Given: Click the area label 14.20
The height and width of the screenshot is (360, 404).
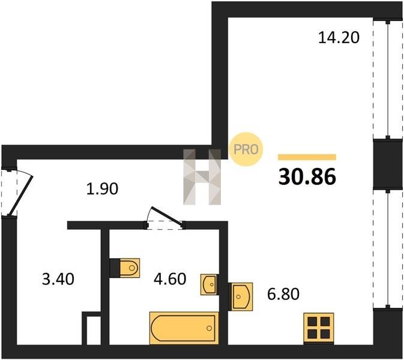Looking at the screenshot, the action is (339, 37).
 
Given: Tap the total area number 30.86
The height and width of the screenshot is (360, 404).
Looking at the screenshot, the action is (307, 177).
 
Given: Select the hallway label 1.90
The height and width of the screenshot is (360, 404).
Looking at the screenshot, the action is (102, 188).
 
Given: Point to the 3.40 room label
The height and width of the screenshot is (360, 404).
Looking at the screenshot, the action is (58, 279).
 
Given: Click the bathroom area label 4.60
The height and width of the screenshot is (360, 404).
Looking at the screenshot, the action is (170, 279).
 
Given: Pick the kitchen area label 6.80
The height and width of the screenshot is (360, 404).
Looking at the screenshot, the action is (283, 294).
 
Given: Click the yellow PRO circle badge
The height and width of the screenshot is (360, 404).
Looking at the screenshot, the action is (246, 149).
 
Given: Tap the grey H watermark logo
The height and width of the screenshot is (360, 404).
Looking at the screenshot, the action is (202, 177).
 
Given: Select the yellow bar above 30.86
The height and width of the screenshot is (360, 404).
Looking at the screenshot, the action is (307, 157).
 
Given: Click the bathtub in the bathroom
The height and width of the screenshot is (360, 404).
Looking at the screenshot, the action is (184, 328).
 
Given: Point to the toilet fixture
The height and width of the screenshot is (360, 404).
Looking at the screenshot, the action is (125, 268).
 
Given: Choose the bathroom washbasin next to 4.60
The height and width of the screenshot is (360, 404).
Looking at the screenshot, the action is (210, 284).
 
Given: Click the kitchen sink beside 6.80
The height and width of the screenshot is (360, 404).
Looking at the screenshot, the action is (240, 296).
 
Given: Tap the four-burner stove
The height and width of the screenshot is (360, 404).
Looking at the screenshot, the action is (319, 328).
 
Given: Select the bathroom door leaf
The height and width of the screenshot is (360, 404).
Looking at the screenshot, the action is (167, 215).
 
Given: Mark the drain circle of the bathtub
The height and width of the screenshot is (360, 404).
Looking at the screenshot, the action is (210, 328).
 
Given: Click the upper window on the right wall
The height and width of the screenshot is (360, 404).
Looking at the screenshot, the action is (388, 80).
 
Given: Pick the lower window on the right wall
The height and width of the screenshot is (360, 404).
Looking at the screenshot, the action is (388, 248).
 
